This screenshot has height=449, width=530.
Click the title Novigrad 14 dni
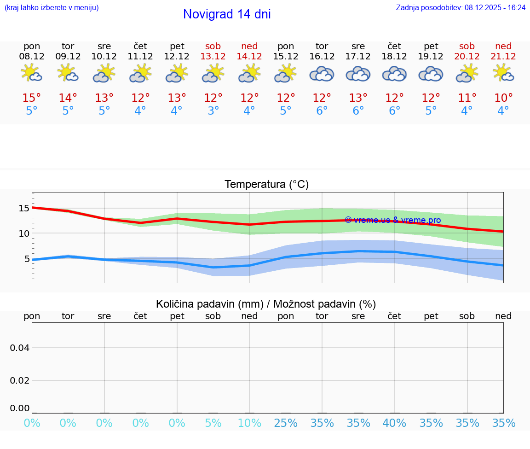click(x=227, y=14)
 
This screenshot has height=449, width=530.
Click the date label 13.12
click(x=213, y=56)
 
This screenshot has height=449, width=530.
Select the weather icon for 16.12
click(x=322, y=74)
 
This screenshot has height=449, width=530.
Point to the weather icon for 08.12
click(x=32, y=73)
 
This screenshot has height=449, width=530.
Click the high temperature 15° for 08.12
click(x=32, y=98)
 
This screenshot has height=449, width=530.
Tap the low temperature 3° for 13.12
click(x=213, y=111)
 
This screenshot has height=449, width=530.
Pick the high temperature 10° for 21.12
click(x=503, y=98)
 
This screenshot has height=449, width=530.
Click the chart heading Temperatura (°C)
click(x=266, y=184)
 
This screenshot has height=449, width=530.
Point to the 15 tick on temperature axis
click(x=24, y=208)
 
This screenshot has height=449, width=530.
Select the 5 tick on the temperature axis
click(x=27, y=259)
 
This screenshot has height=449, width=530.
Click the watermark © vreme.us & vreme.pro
click(x=393, y=220)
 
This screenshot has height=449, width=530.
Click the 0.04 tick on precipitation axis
click(x=20, y=348)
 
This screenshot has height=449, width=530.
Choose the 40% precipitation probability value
click(x=394, y=423)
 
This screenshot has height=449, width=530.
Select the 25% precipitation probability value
click(x=286, y=423)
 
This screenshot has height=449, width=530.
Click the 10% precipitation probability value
click(x=249, y=423)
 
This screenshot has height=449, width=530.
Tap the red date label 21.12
click(x=503, y=56)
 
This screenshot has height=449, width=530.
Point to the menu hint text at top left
click(x=52, y=8)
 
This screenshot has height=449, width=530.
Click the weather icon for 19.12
click(x=431, y=74)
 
